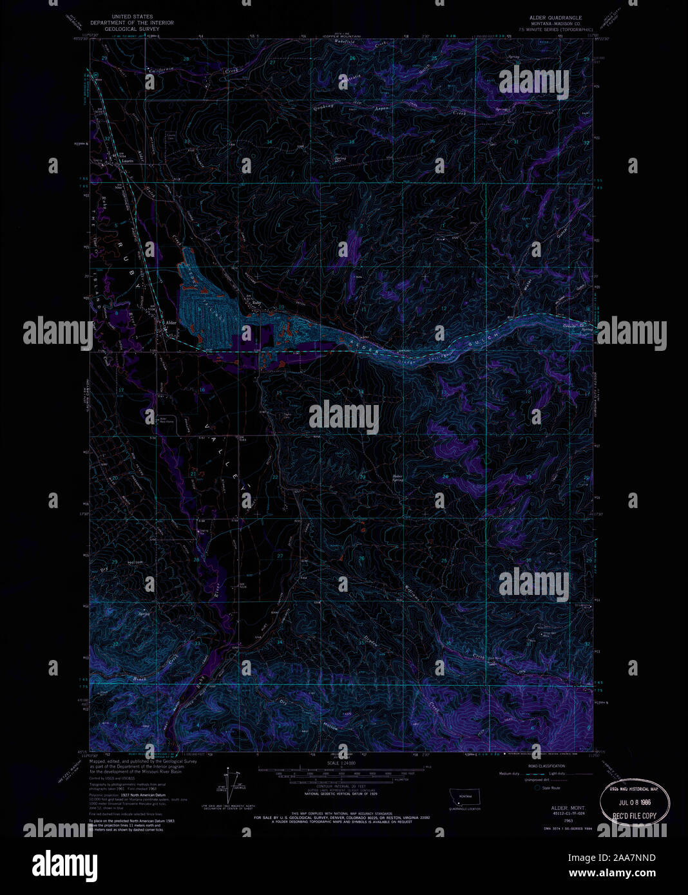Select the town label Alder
[x=171, y=323]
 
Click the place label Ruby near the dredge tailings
[x=257, y=303]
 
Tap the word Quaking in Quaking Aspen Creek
[x=323, y=108]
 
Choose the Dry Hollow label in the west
[x=119, y=563]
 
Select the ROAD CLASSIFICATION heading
[x=546, y=766]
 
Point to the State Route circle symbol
[x=537, y=787]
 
